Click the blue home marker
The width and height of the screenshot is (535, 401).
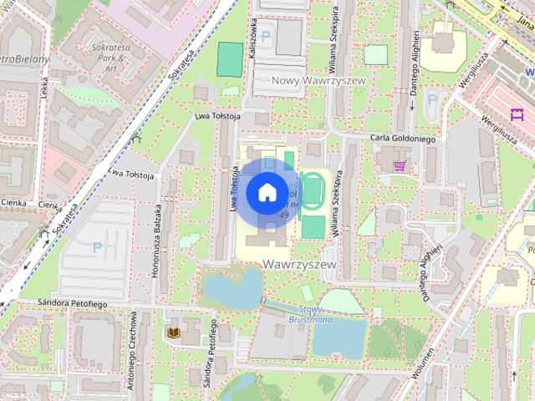coord(267,191)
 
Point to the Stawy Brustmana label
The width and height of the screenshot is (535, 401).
coord(310,313)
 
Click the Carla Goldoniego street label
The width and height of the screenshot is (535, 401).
coord(402,140)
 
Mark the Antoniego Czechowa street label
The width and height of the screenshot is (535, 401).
coord(132,351)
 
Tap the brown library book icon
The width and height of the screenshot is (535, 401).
coord(173,333)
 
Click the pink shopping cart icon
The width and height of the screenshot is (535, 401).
coord(400,165)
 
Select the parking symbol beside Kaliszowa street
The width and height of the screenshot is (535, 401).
coord(267,36)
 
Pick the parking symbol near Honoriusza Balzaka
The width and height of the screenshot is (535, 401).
coord(97,247)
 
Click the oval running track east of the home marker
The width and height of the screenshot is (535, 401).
coord(313,190)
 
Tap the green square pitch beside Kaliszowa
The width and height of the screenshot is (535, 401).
coord(229,57)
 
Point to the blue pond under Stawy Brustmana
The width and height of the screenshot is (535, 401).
coord(339,338)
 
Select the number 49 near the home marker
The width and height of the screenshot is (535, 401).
coord(283,216)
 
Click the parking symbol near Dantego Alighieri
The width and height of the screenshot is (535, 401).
coord(432,99)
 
